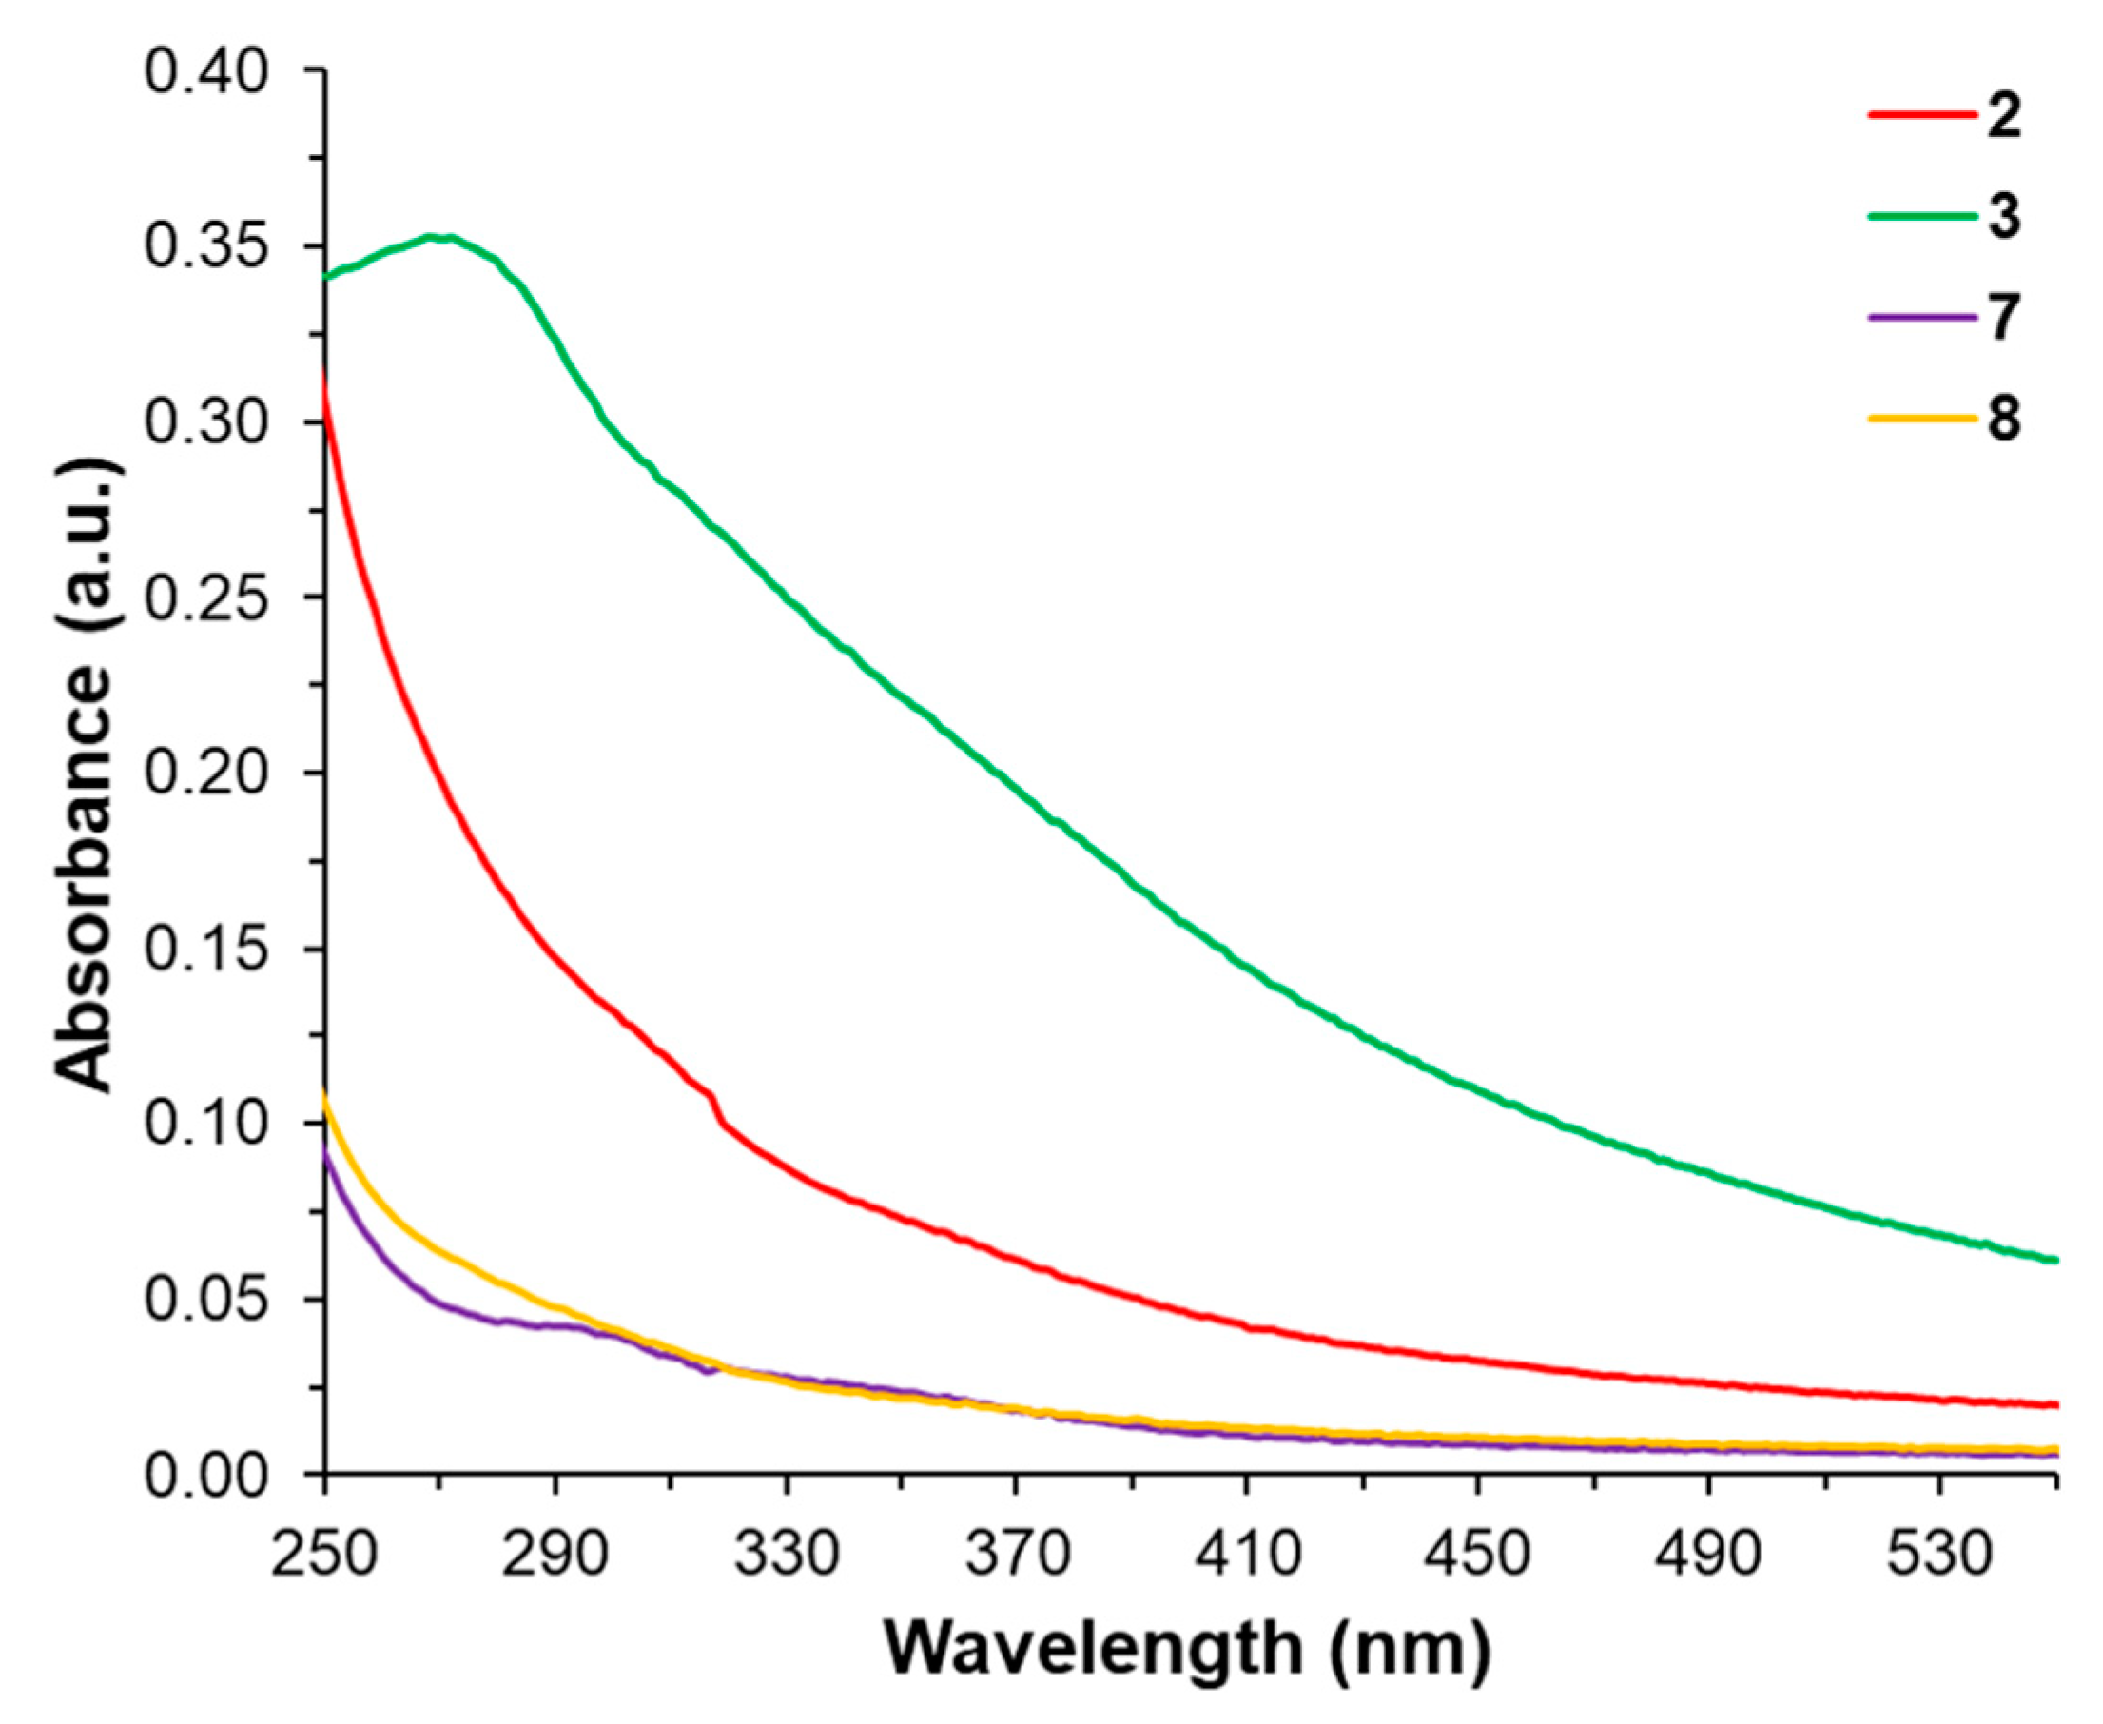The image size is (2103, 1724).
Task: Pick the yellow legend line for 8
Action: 1922,418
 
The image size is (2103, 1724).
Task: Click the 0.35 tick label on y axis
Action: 206,248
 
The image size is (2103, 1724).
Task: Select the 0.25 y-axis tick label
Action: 206,598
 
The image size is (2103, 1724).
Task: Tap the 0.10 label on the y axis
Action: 206,1125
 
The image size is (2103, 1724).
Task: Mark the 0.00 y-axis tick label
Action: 206,1476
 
